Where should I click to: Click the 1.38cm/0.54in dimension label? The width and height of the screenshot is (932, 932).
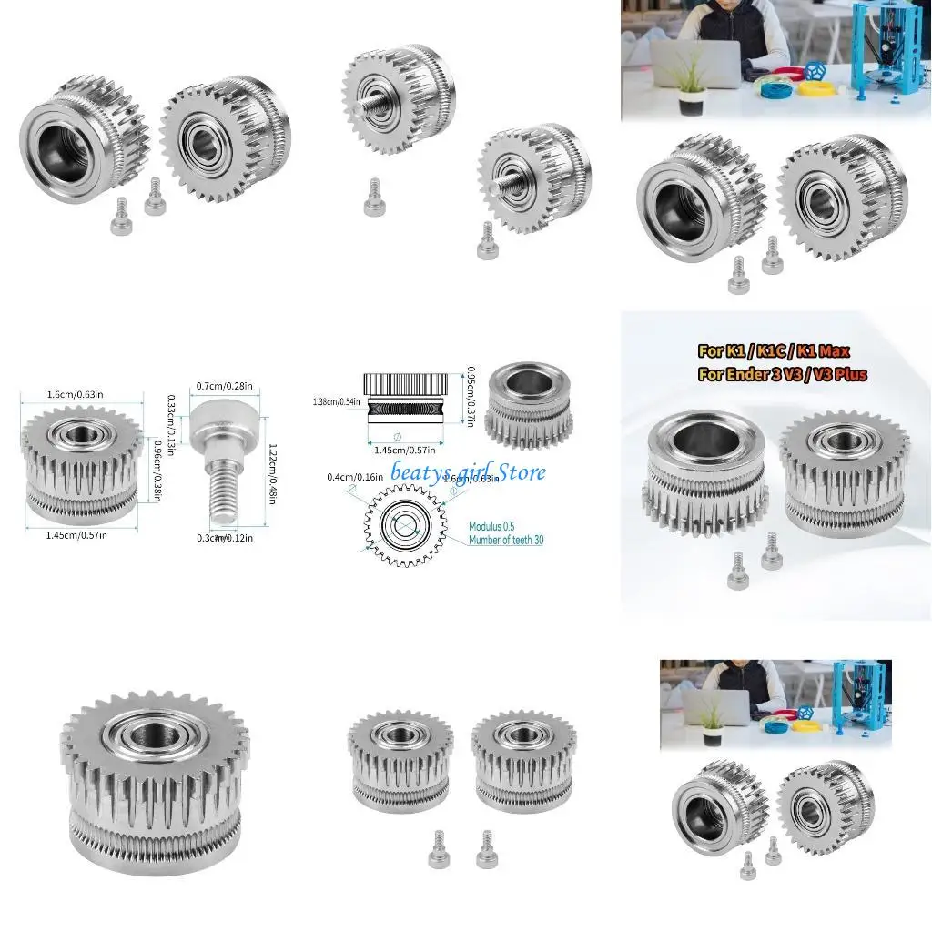(334, 401)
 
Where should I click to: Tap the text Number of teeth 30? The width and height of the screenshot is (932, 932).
(506, 540)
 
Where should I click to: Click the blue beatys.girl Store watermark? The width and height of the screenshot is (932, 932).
(469, 471)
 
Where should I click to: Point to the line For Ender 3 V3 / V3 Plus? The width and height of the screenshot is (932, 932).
(781, 374)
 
